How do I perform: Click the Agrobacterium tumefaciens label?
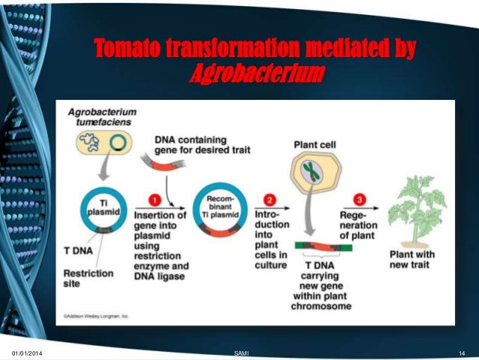[98, 116]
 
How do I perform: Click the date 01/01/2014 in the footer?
[28, 352]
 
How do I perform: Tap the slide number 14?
[461, 352]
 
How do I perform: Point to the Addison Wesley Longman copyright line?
[95, 316]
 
